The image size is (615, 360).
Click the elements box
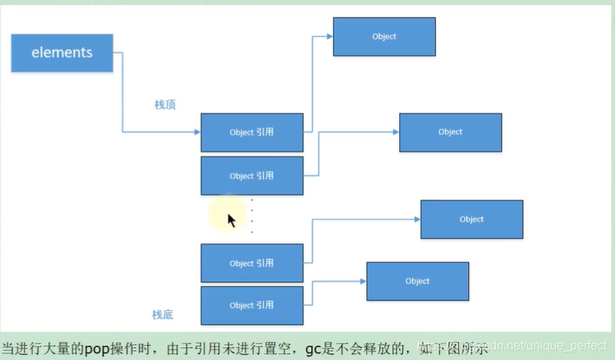[62, 53]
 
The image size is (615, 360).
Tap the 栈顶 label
[165, 105]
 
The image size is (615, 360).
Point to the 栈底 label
[163, 315]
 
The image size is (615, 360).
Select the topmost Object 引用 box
[252, 132]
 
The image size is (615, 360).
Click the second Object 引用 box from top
[252, 176]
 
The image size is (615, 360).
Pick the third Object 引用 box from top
[252, 263]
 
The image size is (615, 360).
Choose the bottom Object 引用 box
[252, 306]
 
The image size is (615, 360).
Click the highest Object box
[384, 36]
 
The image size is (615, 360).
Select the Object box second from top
[450, 132]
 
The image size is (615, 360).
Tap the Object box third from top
[471, 219]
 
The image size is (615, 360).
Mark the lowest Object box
[418, 281]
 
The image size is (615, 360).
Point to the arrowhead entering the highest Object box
[329, 36]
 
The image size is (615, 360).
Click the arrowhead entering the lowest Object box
[362, 281]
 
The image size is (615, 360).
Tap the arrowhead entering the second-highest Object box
[395, 132]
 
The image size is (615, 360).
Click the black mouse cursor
[231, 220]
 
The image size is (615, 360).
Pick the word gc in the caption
[313, 349]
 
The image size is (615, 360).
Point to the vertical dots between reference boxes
[252, 216]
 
